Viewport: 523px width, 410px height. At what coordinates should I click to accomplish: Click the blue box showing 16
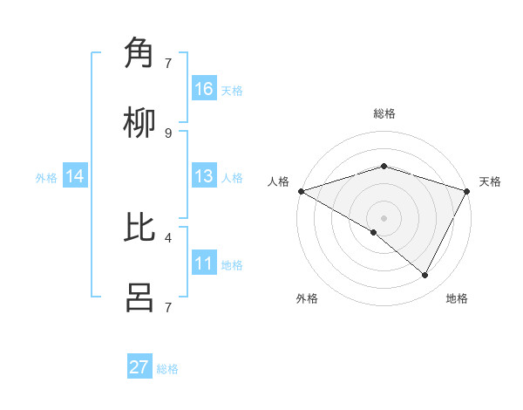[x=204, y=89]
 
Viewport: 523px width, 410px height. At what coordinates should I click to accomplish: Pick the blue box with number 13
[x=204, y=176]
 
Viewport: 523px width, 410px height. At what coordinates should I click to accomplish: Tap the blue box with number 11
[x=204, y=263]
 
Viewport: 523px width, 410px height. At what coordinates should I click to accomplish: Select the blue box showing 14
[x=75, y=176]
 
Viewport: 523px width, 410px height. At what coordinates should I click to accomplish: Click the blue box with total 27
[x=139, y=367]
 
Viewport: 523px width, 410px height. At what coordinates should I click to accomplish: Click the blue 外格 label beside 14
[x=46, y=177]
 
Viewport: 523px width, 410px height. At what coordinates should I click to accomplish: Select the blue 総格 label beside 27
[x=167, y=369]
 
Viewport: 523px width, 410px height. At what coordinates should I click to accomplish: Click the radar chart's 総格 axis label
[x=384, y=113]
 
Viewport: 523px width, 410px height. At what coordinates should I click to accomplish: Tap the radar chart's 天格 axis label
[x=490, y=181]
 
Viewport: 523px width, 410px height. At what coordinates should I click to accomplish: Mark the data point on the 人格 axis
[x=301, y=191]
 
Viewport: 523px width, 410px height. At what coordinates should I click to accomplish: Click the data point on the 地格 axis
[x=425, y=276]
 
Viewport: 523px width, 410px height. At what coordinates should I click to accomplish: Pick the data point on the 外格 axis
[x=374, y=232]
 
